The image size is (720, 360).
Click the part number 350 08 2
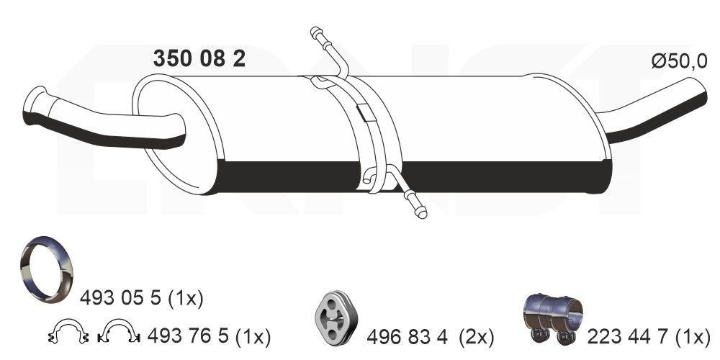pyautogui.click(x=199, y=59)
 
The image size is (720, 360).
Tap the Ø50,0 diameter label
pyautogui.click(x=679, y=62)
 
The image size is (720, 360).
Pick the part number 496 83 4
pyautogui.click(x=408, y=336)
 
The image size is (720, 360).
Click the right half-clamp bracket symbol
pyautogui.click(x=118, y=333)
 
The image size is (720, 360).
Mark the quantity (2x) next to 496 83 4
pyautogui.click(x=476, y=336)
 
